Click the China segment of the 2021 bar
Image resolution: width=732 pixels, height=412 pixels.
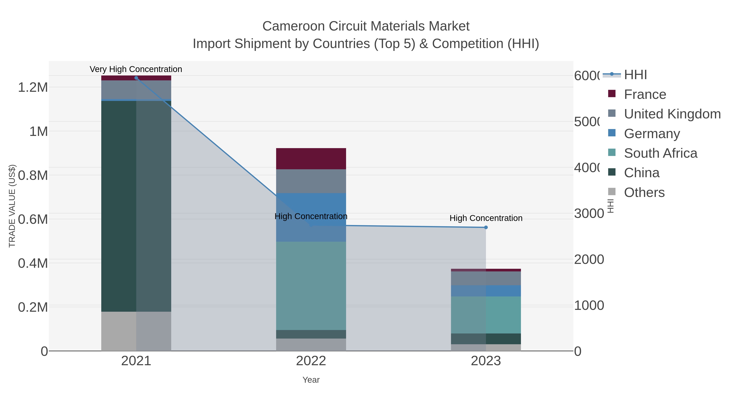[136, 206]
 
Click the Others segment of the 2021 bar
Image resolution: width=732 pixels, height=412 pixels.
[136, 331]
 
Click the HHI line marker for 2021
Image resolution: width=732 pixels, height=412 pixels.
[136, 78]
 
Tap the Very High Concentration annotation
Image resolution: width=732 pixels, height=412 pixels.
[136, 69]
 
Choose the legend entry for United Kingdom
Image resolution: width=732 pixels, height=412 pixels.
[672, 114]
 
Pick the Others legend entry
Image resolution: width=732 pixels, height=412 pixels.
[644, 192]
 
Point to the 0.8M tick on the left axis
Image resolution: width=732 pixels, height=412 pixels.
[33, 175]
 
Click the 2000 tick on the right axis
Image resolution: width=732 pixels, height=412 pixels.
[589, 259]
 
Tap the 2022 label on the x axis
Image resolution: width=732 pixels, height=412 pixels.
[311, 361]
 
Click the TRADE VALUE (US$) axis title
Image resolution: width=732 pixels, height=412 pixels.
[12, 206]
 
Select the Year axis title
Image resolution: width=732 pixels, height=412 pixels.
[311, 380]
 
